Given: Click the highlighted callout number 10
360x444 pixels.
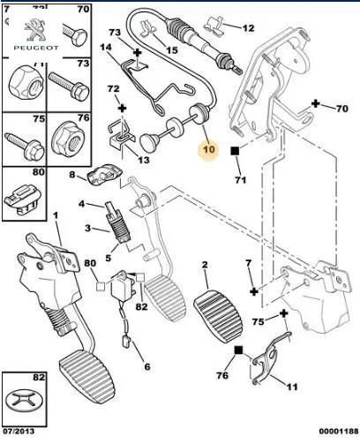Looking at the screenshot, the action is [x=209, y=149].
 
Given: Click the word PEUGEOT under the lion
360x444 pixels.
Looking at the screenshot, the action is [x=36, y=48].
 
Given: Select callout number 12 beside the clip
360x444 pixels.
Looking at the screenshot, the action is [x=248, y=28].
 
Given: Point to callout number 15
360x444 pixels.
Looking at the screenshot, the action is [x=172, y=50].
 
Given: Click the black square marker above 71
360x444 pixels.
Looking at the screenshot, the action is [x=235, y=151].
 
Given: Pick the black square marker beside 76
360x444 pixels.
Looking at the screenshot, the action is [x=238, y=350].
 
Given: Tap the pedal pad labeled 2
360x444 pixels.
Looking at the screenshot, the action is [x=218, y=316].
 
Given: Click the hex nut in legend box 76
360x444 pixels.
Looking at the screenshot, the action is [x=68, y=139].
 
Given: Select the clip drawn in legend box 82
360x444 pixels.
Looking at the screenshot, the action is [x=24, y=401].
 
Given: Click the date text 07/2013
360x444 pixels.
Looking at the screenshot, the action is [x=19, y=432].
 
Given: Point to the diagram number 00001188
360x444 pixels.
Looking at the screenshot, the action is [x=339, y=432].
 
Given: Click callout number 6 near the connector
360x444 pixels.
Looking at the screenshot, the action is [x=147, y=366].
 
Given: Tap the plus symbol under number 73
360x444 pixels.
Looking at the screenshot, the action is [x=138, y=53].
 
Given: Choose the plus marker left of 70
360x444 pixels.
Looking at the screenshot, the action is [x=316, y=103].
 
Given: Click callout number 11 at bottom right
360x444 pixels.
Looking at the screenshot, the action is [x=292, y=387].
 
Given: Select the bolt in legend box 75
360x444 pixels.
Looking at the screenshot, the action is [x=25, y=146].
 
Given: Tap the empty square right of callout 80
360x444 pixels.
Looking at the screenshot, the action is [x=101, y=286].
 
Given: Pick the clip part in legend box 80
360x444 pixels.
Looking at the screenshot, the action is [x=23, y=199].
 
